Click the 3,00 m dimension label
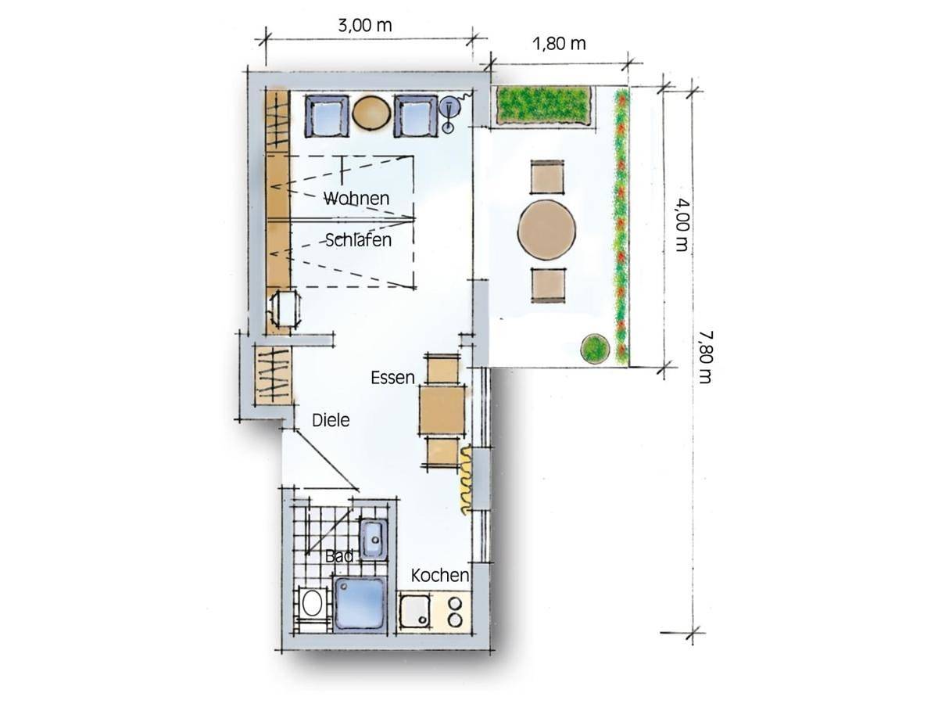point(364,26)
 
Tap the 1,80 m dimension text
point(559,44)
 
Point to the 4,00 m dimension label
point(682,224)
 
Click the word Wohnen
point(356,199)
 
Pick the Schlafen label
point(358,240)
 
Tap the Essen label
point(392,378)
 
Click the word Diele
point(331,420)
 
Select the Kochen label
point(440,576)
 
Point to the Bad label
point(339,555)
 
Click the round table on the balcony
point(546,230)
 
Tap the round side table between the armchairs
point(371,112)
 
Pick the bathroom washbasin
point(373,540)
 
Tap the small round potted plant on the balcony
point(594,349)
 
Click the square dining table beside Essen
point(442,409)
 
